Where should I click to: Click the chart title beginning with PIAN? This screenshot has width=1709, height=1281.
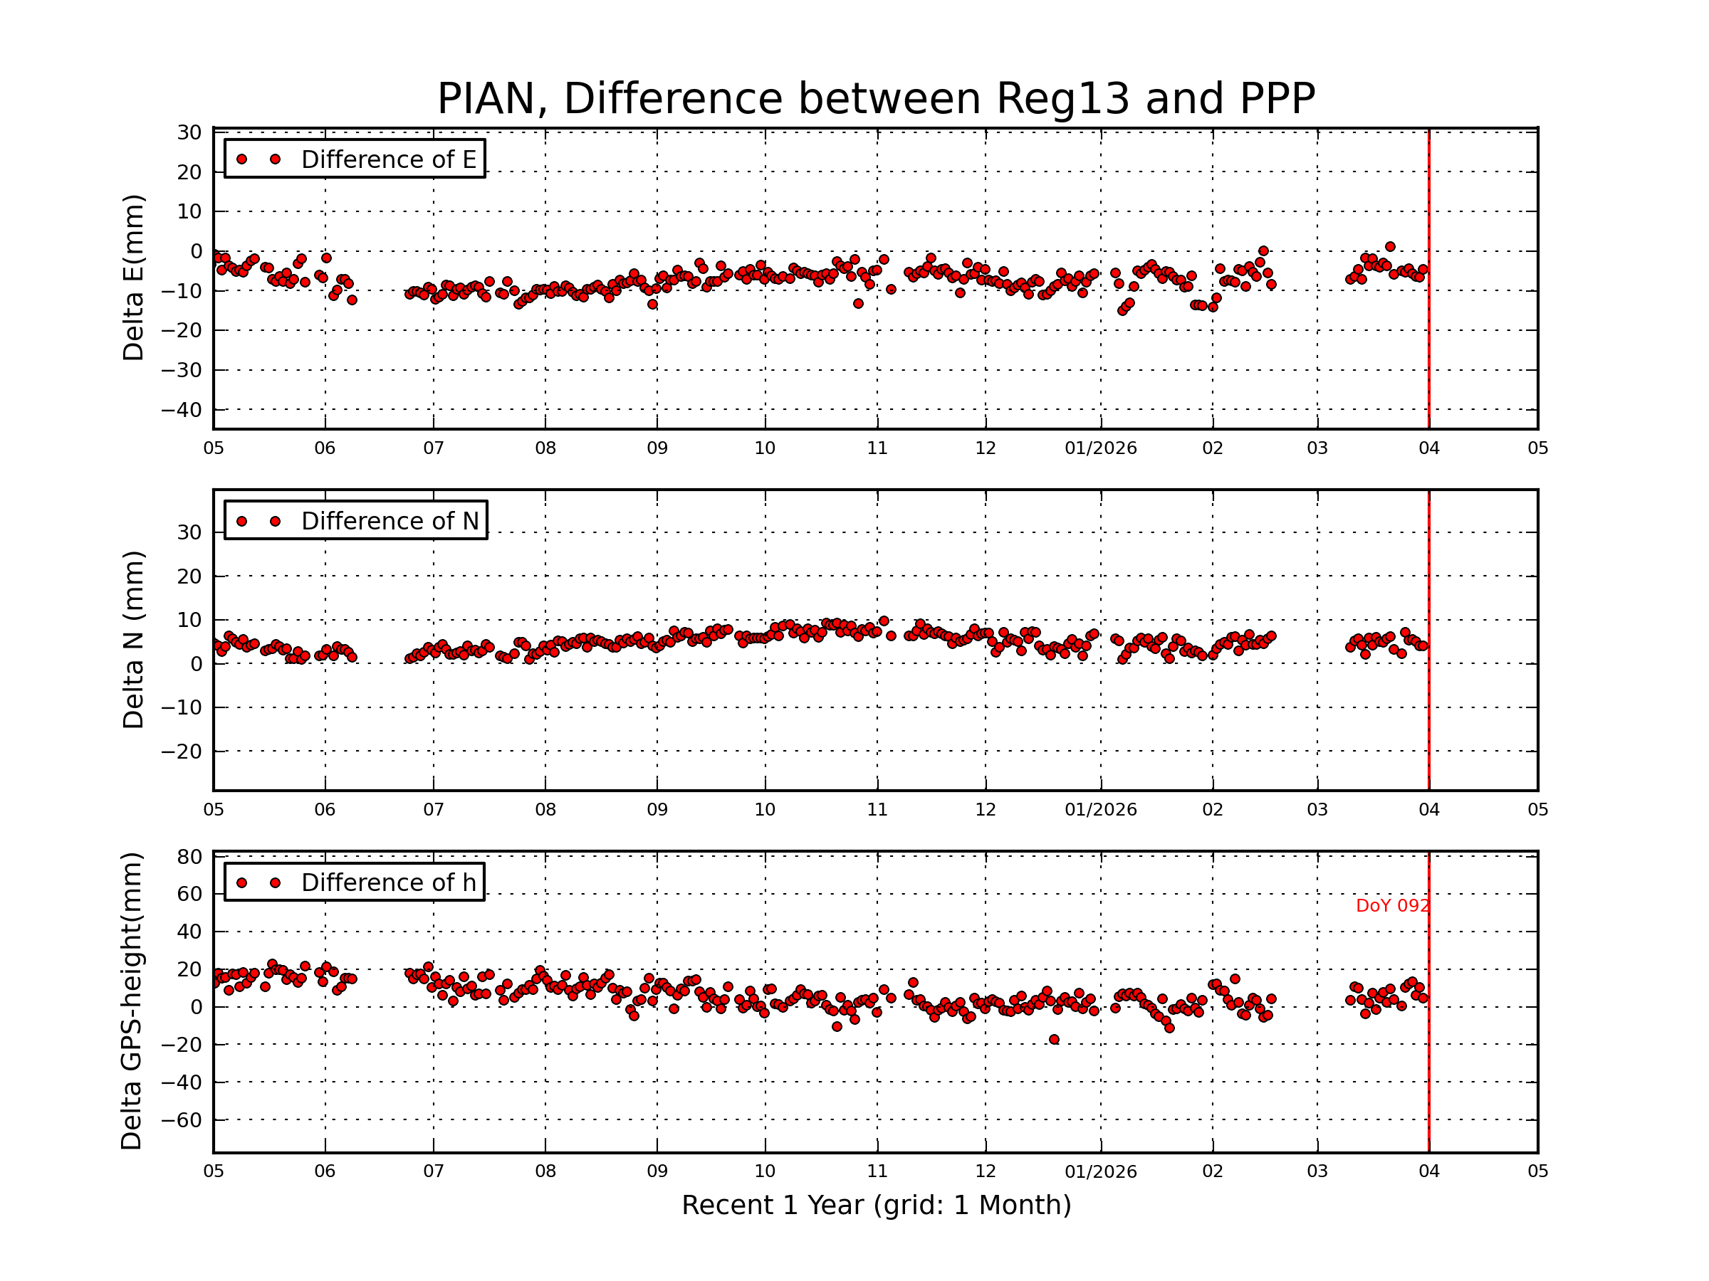point(875,99)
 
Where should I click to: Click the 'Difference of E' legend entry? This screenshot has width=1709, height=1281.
point(388,160)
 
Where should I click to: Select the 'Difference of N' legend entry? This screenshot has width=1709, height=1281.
point(390,521)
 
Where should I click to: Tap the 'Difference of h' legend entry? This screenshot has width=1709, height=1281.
point(388,882)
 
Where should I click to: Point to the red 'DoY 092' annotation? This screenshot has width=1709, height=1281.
point(1392,906)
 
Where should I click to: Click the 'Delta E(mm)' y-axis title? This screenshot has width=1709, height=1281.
point(133,278)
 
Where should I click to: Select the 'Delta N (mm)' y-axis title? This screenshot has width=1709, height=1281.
point(133,639)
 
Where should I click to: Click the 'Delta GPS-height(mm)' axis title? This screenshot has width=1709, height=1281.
point(131,1001)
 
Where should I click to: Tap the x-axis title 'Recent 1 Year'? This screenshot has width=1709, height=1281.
point(875,1206)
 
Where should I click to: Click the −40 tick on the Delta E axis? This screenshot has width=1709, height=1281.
point(181,410)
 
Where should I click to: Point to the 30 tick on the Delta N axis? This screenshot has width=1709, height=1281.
point(189,533)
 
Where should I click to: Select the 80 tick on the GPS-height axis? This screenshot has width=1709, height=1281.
point(189,857)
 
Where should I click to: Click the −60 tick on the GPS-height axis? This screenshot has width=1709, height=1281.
point(181,1120)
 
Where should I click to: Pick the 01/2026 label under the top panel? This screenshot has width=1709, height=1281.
point(1100,448)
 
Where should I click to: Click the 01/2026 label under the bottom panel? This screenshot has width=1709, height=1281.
point(1100,1171)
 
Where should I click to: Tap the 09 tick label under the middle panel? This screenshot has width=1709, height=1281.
point(657,810)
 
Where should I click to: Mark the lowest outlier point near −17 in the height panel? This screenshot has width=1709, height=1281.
point(1054,1039)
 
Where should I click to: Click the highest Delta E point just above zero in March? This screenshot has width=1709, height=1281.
point(1390,247)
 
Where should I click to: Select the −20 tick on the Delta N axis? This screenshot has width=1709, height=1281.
point(181,752)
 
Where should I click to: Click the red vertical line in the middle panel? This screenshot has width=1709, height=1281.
point(1428,695)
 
